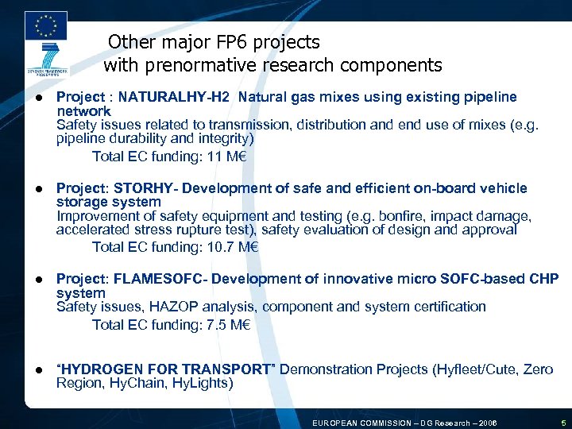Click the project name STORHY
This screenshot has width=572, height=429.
coord(142,188)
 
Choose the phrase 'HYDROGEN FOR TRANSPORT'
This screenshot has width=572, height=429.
coord(167,369)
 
